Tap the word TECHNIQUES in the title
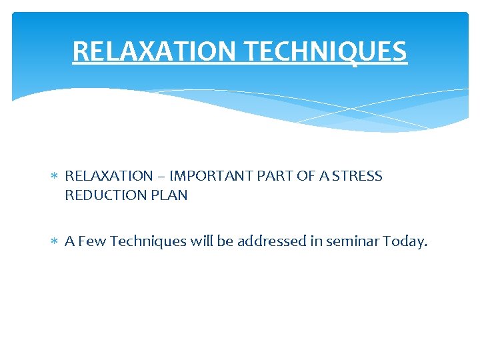[323, 51]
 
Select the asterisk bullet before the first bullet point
[55, 177]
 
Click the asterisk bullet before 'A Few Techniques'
[55, 242]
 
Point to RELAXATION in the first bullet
[109, 176]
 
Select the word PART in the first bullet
[268, 176]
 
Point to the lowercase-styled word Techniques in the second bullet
[144, 241]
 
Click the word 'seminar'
[353, 241]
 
